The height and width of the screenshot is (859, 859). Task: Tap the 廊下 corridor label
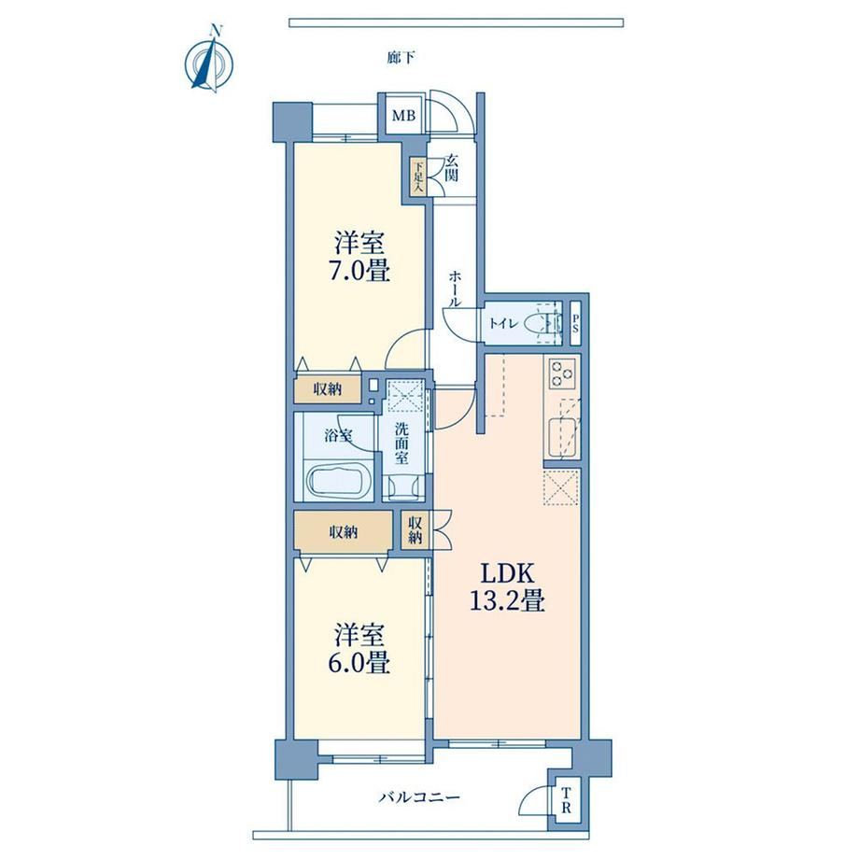[x=401, y=58]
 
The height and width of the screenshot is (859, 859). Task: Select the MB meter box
[x=403, y=116]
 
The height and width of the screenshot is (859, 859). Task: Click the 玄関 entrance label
[x=451, y=168]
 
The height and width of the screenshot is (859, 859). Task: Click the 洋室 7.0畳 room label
[x=359, y=257]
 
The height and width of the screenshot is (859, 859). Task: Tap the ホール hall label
[x=455, y=289]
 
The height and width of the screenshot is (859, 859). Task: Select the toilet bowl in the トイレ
[x=542, y=324]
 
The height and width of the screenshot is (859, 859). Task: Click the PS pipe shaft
[x=575, y=323]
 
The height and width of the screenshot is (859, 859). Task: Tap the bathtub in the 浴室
[x=341, y=481]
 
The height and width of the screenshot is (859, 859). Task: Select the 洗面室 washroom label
[x=401, y=444]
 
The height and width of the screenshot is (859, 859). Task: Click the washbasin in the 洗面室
[x=402, y=486]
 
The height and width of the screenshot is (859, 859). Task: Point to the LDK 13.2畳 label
[x=507, y=587]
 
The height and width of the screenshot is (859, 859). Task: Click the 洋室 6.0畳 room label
[x=359, y=649]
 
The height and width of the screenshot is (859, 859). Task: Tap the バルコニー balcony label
[x=419, y=796]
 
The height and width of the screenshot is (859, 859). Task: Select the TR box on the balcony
[x=567, y=800]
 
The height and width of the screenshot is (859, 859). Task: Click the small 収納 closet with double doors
[x=415, y=529]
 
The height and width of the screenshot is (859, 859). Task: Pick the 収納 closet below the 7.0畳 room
[x=328, y=389]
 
